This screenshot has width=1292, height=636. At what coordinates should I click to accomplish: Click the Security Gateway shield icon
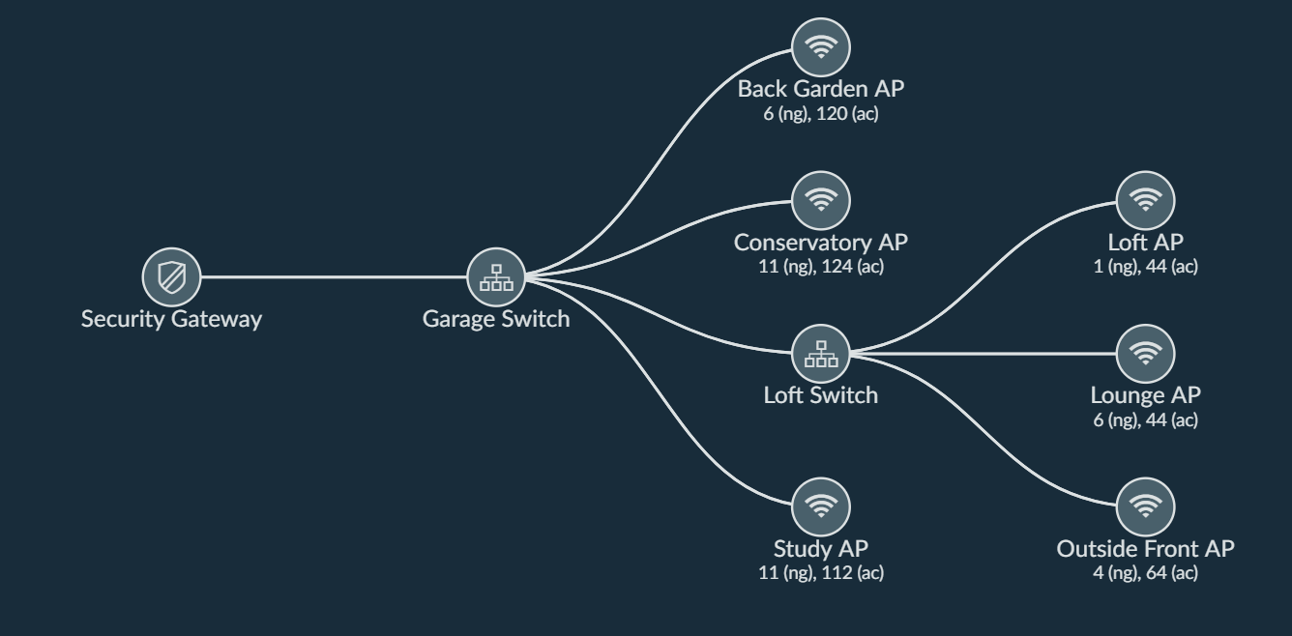[171, 277]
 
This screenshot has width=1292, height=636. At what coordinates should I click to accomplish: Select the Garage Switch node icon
[496, 277]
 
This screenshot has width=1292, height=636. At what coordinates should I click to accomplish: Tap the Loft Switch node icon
[821, 355]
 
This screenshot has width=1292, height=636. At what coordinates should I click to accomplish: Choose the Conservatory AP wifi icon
[821, 201]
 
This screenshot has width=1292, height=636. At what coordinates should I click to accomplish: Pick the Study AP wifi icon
[821, 507]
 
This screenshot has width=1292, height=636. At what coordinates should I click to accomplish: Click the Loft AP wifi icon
[1146, 201]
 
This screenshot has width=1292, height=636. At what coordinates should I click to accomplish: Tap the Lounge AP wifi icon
[1146, 355]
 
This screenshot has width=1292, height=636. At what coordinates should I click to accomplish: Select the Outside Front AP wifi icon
[1146, 507]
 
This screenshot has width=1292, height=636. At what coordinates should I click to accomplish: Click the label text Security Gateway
[171, 319]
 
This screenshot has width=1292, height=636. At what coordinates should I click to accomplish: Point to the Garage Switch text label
[496, 319]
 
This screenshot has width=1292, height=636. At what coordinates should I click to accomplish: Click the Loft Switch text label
[821, 394]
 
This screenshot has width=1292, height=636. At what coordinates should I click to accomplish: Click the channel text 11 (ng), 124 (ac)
[821, 267]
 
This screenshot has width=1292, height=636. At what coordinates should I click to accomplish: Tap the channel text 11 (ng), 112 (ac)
[821, 573]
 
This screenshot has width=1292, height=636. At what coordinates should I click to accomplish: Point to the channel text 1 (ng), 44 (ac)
[1146, 267]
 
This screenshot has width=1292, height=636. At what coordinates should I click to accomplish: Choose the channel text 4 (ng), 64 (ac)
[1146, 573]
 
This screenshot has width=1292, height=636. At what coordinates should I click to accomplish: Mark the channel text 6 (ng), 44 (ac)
[1146, 420]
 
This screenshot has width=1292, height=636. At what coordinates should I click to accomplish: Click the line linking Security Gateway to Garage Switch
[334, 277]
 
